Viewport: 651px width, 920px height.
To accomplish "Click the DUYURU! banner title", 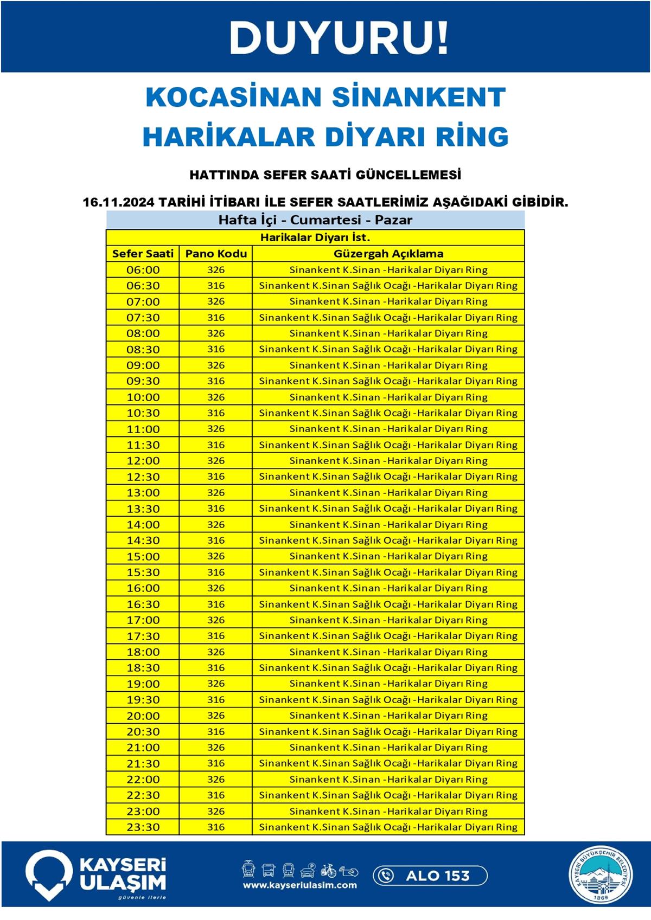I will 339,38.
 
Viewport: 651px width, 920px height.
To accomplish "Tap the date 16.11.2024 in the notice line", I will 118,202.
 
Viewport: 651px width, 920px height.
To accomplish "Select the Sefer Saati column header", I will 143,254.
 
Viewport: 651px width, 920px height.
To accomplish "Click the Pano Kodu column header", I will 216,254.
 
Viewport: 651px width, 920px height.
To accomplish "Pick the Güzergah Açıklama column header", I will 388,254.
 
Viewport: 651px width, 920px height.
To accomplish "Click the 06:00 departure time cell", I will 143,270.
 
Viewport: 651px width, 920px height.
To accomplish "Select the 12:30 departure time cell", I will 143,477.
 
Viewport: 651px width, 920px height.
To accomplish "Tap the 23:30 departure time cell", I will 143,827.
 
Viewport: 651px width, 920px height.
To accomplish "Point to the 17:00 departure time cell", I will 143,620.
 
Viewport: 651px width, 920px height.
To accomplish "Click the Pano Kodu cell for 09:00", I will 216,365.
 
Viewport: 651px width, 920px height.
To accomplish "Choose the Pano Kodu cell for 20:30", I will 216,732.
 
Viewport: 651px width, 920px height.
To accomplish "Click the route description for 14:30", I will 388,541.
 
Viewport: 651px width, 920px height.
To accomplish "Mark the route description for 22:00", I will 388,780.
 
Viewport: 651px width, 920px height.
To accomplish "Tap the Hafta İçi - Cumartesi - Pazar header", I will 315,220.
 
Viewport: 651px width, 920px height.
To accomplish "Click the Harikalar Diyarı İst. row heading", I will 315,237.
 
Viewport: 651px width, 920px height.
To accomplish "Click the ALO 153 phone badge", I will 430,876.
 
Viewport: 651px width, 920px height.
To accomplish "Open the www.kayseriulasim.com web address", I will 300,885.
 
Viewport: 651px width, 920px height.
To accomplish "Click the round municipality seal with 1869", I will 601,876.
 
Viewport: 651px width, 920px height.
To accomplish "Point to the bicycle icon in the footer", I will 328,871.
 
